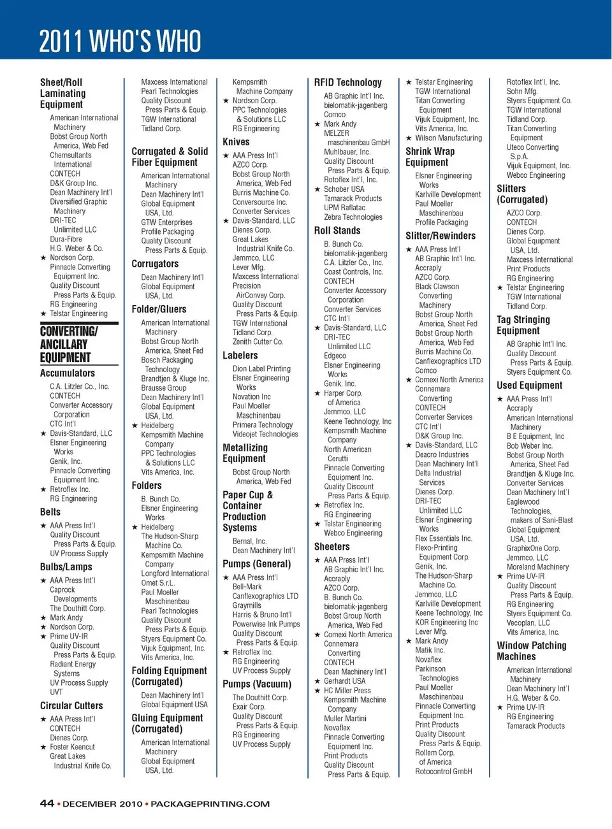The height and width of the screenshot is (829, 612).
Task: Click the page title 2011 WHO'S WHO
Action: (120, 41)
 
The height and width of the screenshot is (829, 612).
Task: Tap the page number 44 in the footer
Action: (47, 804)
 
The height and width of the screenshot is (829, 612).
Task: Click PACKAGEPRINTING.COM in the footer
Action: (210, 804)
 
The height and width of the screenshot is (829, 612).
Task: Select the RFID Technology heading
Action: (347, 83)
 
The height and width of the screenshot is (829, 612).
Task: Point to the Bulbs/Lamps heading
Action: (66, 566)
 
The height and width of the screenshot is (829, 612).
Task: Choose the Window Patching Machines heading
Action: (531, 651)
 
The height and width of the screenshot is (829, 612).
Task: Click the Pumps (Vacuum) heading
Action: (256, 684)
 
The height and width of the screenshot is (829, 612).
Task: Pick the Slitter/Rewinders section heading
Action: (441, 236)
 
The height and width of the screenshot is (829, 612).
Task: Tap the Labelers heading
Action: (240, 356)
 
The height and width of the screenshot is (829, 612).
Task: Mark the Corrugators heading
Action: (155, 264)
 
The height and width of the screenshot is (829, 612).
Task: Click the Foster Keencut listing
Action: (72, 747)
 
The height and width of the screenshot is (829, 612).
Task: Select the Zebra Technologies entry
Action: (353, 217)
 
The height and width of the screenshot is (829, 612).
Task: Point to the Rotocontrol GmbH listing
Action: (443, 772)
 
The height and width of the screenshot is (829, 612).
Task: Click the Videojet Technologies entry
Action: (265, 435)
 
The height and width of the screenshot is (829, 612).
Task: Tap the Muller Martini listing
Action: (345, 718)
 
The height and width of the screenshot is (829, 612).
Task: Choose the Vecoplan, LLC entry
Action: (528, 623)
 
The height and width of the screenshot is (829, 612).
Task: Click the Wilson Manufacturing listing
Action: (448, 138)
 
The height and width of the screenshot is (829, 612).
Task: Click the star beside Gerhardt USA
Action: (317, 681)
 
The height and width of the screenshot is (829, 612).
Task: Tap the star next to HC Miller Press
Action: (317, 691)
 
